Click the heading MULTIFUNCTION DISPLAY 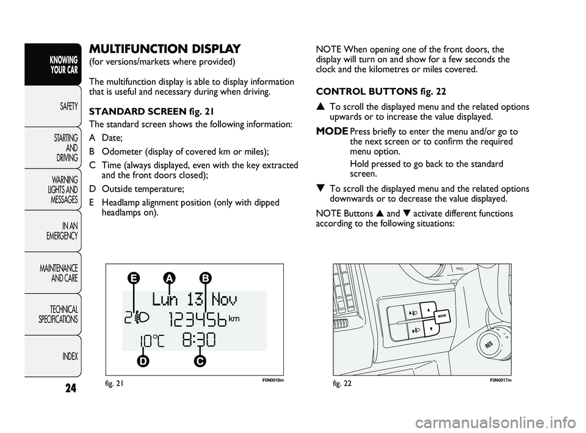coord(165,49)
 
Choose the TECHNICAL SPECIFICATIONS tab coord(58,315)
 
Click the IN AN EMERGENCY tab coord(61,231)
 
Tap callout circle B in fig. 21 coord(206,278)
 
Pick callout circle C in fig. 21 coord(199,361)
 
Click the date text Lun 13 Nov coord(195,299)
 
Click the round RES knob coord(490,346)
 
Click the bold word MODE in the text coord(332,132)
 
